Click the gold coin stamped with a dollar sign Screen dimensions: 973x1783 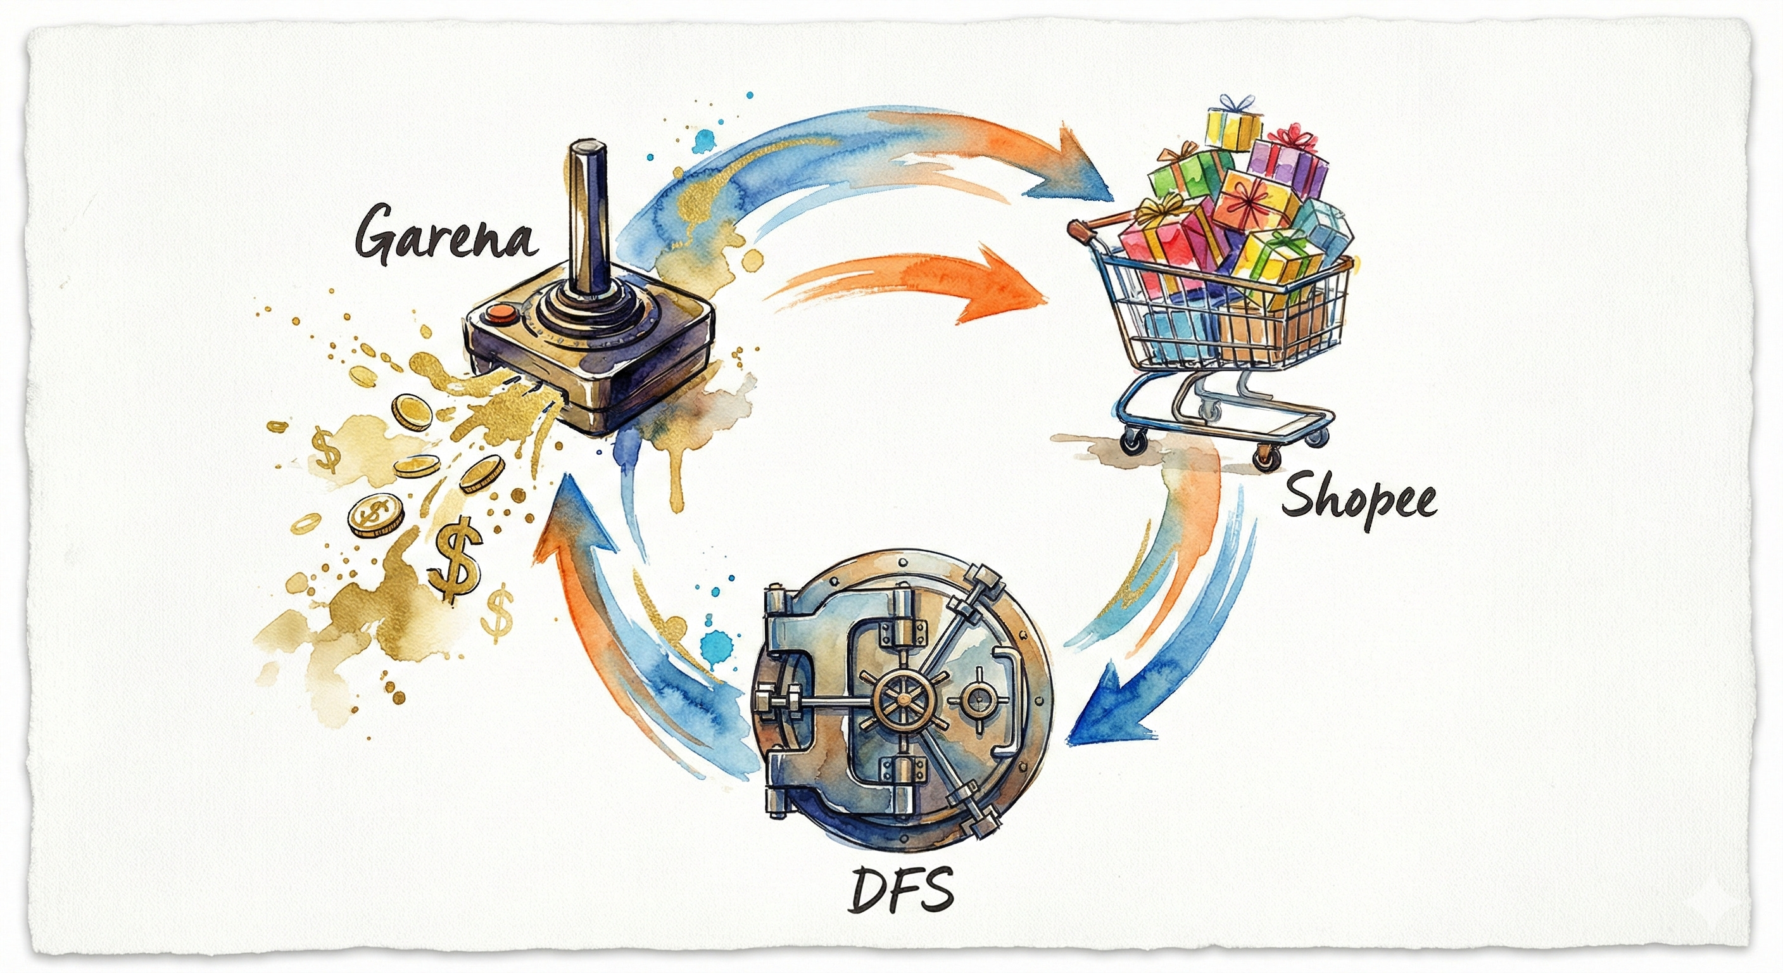376,514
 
